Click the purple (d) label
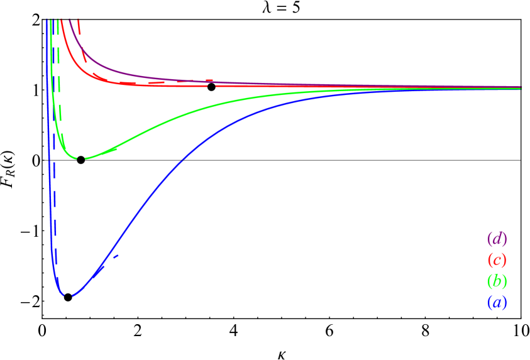(x=497, y=239)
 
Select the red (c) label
(x=497, y=259)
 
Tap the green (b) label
(x=497, y=281)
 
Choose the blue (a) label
(x=497, y=302)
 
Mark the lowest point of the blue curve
(x=69, y=295)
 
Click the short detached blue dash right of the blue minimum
(x=116, y=256)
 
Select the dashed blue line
(x=54, y=220)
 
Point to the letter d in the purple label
(x=497, y=239)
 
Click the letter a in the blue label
(x=497, y=302)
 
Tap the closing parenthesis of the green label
(x=504, y=281)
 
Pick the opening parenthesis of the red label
(x=489, y=259)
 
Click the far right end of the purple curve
(x=520, y=87)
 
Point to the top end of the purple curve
(x=70, y=20)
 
